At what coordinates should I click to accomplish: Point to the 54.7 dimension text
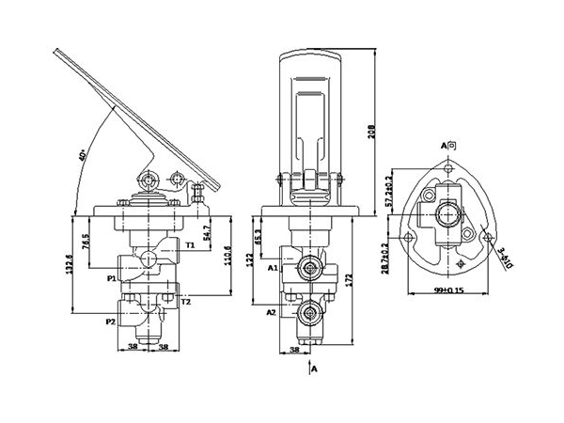pyautogui.click(x=207, y=228)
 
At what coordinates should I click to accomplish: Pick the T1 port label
pyautogui.click(x=191, y=244)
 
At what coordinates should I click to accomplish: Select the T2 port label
pyautogui.click(x=186, y=302)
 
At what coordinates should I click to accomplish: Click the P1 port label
pyautogui.click(x=111, y=278)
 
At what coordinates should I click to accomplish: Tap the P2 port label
pyautogui.click(x=110, y=321)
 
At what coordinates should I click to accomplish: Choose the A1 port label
pyautogui.click(x=272, y=268)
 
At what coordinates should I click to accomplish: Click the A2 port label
pyautogui.click(x=271, y=310)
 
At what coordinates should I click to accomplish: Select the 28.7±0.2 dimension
pyautogui.click(x=389, y=256)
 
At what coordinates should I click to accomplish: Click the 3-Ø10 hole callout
pyautogui.click(x=505, y=255)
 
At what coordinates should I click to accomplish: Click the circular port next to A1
pyautogui.click(x=307, y=270)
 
